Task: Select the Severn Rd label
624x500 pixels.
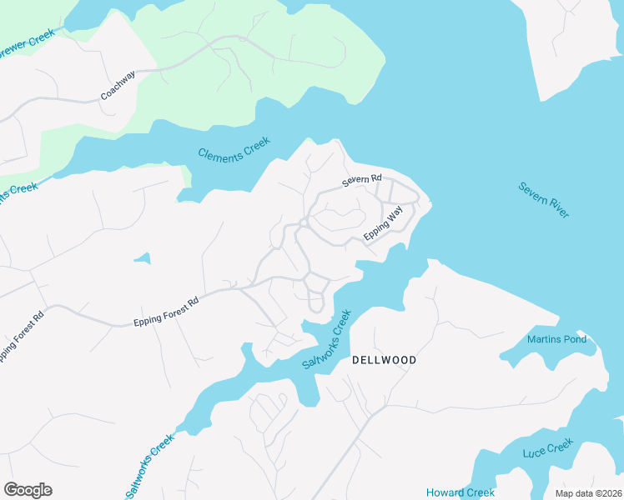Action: coord(361,180)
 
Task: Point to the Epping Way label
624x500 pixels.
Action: coord(383,226)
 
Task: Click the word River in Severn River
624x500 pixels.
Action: coord(558,209)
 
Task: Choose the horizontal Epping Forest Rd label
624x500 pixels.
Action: coord(167,310)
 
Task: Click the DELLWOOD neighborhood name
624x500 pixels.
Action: coord(384,360)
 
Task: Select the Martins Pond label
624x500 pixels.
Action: coord(556,339)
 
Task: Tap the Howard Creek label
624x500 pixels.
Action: coord(460,492)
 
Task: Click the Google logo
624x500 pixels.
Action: coord(28,490)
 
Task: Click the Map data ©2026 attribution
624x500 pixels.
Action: coord(588,493)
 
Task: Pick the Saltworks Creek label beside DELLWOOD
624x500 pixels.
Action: coord(327,341)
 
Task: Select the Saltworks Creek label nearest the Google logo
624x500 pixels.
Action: coord(150,467)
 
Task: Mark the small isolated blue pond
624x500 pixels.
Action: coord(142,258)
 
